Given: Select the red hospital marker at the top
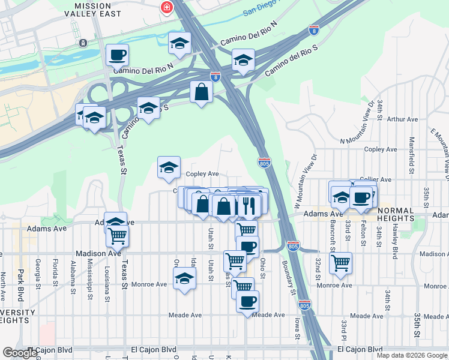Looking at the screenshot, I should (x=164, y=8).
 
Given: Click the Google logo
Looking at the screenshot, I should (x=20, y=353).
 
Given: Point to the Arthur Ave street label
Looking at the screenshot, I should (x=402, y=119).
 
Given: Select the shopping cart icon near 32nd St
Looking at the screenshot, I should (x=340, y=262).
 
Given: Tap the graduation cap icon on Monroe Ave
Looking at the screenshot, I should (x=184, y=278).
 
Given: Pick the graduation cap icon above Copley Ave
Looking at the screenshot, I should (x=169, y=167).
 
